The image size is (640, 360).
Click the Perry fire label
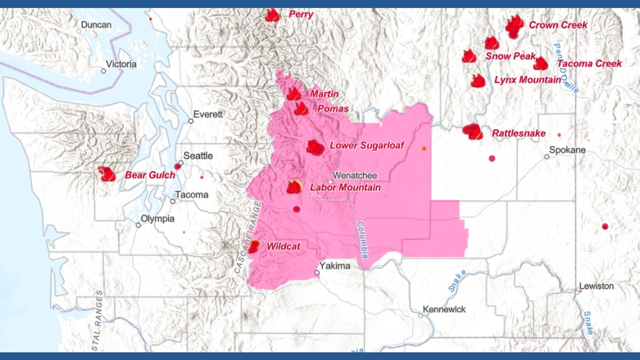click(301, 14)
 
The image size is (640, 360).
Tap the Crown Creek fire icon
click(514, 25)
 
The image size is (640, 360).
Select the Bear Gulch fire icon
click(107, 174)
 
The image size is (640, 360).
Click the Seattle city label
click(198, 156)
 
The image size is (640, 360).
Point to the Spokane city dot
click(547, 156)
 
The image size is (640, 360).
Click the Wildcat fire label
click(283, 246)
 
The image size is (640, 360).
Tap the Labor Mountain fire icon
click(294, 187)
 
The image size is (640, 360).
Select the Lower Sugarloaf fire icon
click(315, 147)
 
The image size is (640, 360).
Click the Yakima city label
click(335, 266)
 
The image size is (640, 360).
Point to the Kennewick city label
click(444, 309)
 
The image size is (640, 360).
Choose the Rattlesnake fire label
click(519, 133)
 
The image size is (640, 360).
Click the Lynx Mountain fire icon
click(478, 81)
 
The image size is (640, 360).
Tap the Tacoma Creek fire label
click(589, 64)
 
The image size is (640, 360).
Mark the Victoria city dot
click(104, 71)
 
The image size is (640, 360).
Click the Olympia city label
click(157, 219)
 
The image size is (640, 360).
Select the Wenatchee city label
click(355, 175)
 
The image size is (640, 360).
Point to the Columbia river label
click(363, 240)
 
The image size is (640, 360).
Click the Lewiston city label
click(596, 286)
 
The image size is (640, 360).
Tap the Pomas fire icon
click(301, 109)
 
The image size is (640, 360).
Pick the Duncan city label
click(96, 25)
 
